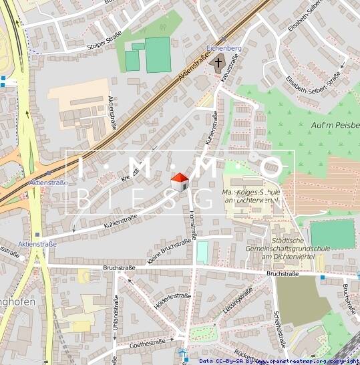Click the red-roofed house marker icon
180,181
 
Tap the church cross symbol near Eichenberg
217,64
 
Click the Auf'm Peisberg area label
335,125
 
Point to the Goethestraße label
147,343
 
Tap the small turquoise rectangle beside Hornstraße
202,253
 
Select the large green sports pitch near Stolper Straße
158,55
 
